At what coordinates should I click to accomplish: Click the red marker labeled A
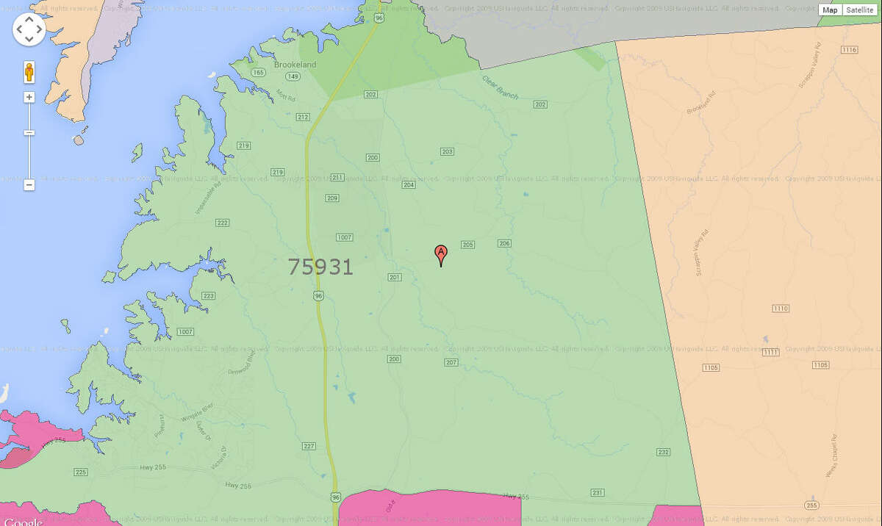pyautogui.click(x=441, y=253)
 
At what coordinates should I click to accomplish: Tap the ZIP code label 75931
pyautogui.click(x=320, y=267)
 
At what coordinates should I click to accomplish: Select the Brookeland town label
pyautogui.click(x=295, y=65)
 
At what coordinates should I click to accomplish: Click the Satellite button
pyautogui.click(x=859, y=10)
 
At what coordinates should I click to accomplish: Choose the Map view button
pyautogui.click(x=830, y=10)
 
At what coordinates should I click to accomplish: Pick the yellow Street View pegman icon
pyautogui.click(x=29, y=72)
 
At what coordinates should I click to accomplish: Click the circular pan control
pyautogui.click(x=29, y=29)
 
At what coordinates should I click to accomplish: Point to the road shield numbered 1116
pyautogui.click(x=850, y=50)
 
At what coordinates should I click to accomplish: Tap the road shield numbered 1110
pyautogui.click(x=781, y=308)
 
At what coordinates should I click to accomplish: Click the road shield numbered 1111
pyautogui.click(x=770, y=353)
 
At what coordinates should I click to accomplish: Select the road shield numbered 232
pyautogui.click(x=664, y=452)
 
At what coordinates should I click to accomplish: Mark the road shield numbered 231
pyautogui.click(x=598, y=492)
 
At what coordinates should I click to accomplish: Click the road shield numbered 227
pyautogui.click(x=309, y=446)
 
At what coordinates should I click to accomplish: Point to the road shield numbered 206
pyautogui.click(x=504, y=243)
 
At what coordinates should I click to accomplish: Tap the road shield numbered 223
pyautogui.click(x=209, y=296)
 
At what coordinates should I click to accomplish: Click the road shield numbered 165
pyautogui.click(x=258, y=72)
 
